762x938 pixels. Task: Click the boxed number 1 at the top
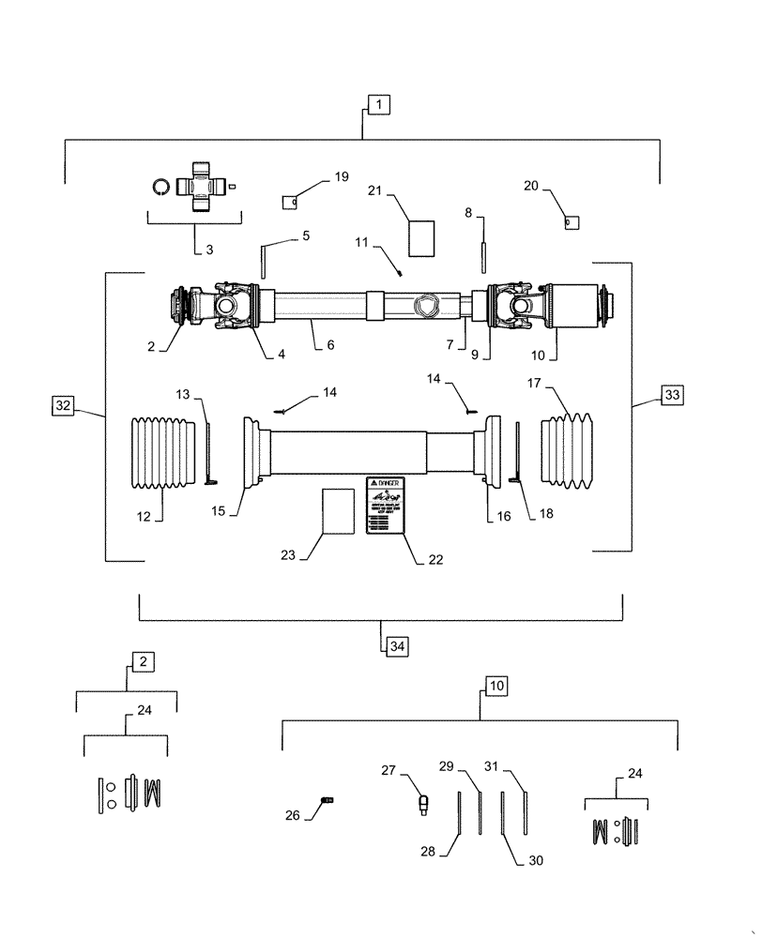[378, 104]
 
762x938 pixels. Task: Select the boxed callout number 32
[63, 405]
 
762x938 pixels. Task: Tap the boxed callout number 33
[672, 395]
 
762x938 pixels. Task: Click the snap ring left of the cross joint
[160, 187]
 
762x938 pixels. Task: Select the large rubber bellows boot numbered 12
[165, 454]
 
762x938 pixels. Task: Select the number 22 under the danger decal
[434, 559]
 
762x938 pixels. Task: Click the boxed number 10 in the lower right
[495, 686]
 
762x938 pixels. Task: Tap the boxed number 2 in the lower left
[142, 661]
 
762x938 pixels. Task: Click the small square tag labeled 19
[291, 200]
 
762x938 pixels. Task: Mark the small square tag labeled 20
[570, 222]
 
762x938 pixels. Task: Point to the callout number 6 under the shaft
[329, 344]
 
